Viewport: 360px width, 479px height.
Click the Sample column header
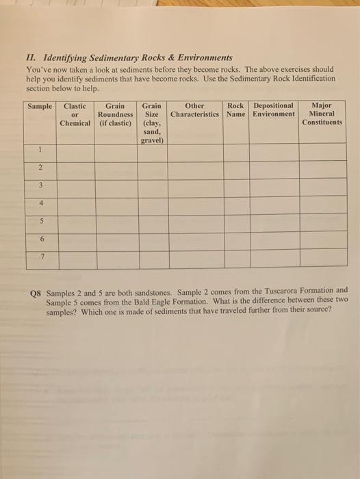[x=40, y=106]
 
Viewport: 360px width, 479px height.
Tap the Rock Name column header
[x=236, y=110]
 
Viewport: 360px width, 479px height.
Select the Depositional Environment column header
[x=273, y=110]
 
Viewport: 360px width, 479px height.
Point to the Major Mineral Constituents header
[x=321, y=114]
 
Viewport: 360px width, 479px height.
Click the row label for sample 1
[x=40, y=150]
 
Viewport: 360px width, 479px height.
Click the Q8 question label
[x=36, y=289]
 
